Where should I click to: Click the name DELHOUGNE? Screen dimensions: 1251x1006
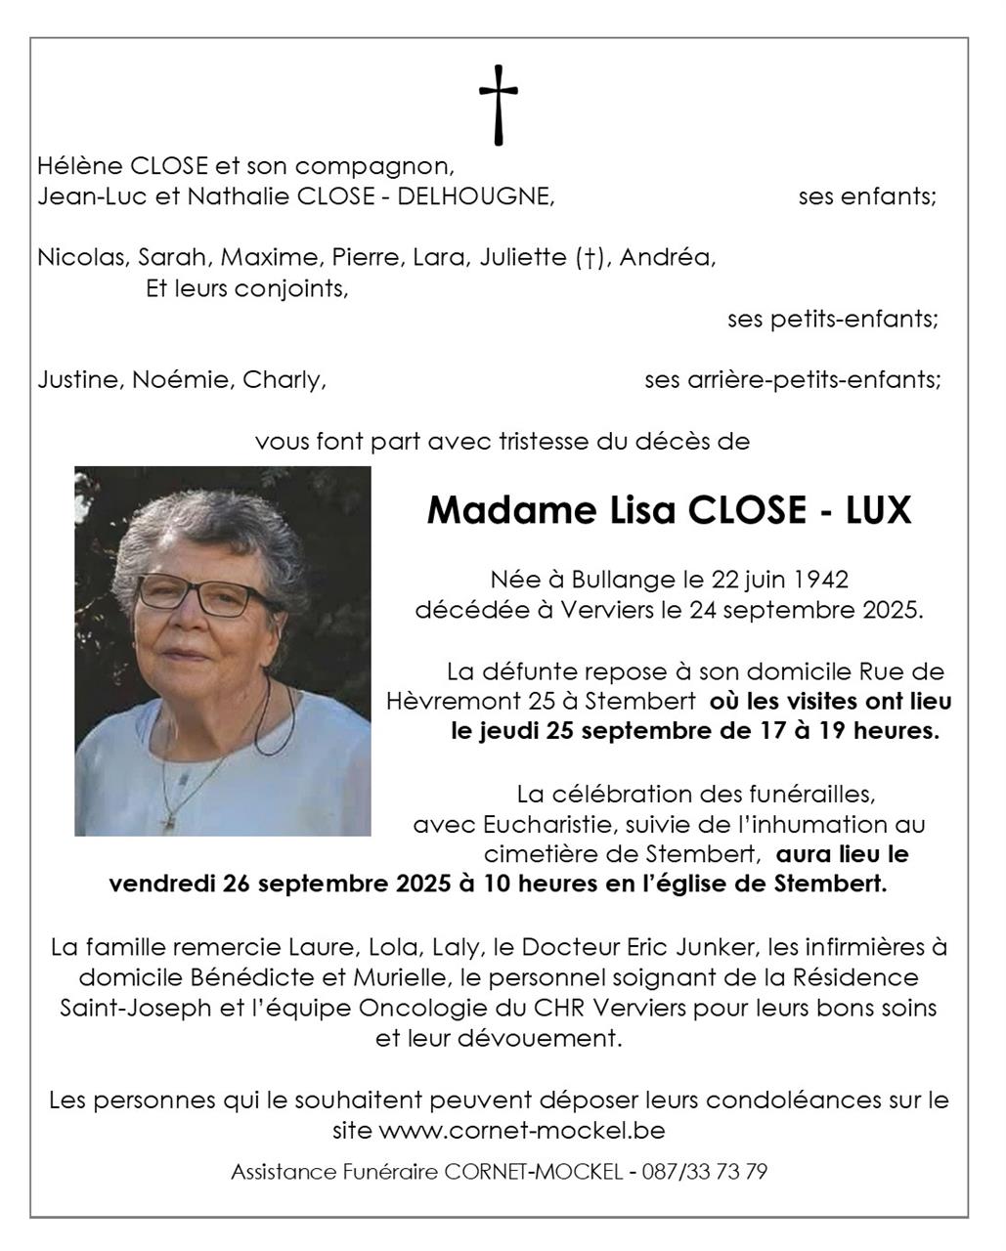[493, 196]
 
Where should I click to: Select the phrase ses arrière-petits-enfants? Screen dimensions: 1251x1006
[792, 379]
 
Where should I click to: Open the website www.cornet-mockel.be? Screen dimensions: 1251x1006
[521, 1131]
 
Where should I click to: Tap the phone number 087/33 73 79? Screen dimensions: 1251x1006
[704, 1171]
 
